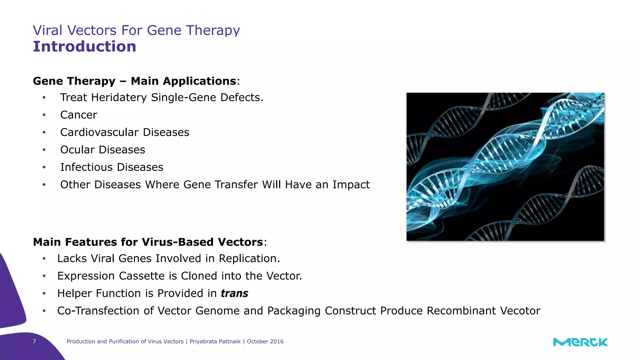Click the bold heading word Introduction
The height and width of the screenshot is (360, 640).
(84, 47)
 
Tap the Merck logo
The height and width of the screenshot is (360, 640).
(580, 342)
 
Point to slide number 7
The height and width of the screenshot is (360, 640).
(34, 342)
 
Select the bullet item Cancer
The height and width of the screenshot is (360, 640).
(78, 115)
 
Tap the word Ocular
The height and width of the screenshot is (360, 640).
(77, 150)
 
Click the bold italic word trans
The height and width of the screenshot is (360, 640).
(234, 293)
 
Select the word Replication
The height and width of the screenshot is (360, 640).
(249, 259)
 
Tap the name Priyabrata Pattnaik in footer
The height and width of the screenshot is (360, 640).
(215, 342)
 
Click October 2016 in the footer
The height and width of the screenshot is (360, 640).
(265, 342)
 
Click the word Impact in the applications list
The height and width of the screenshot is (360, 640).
(351, 185)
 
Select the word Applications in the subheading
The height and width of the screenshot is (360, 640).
(183, 81)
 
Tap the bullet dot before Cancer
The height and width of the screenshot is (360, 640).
(44, 115)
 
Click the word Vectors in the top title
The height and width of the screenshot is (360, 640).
(92, 30)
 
